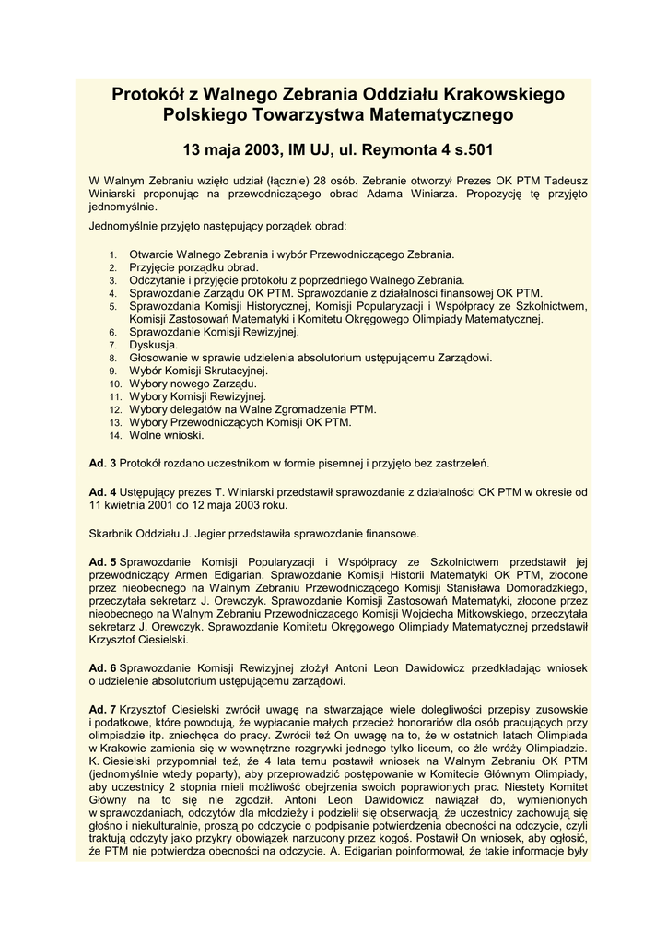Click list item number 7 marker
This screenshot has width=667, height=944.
(x=113, y=344)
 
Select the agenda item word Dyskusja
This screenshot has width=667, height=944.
(x=154, y=344)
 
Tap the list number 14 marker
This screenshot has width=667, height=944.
(x=115, y=435)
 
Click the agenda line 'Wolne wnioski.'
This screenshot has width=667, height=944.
(x=167, y=434)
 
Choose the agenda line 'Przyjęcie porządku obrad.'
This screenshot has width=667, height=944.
(x=194, y=266)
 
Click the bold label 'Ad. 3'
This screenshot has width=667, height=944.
(x=102, y=462)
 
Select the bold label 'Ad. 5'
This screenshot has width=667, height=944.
(x=102, y=561)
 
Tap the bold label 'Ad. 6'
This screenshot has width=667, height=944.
(x=102, y=667)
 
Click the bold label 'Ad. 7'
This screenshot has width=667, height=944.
(x=102, y=707)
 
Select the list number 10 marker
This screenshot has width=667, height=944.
(x=115, y=383)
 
